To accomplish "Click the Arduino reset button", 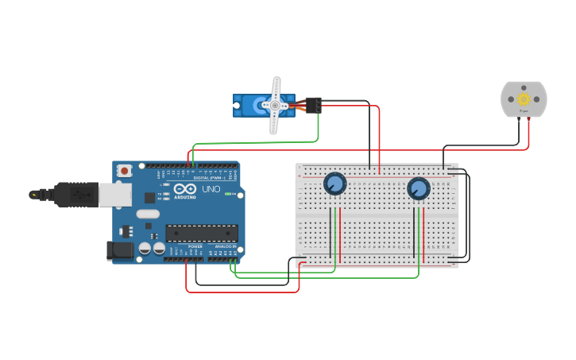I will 125,170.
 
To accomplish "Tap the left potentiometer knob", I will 334,184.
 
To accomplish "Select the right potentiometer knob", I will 418,188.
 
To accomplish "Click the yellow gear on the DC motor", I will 524,99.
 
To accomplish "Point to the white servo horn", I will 276,105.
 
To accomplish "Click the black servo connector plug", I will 313,104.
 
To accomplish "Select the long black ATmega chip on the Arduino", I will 201,233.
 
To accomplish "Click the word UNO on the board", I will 211,191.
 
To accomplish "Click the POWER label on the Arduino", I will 195,246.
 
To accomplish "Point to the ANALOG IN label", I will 226,246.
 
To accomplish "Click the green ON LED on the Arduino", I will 229,194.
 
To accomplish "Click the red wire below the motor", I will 528,135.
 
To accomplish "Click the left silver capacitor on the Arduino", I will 145,249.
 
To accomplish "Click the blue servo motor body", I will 252,106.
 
